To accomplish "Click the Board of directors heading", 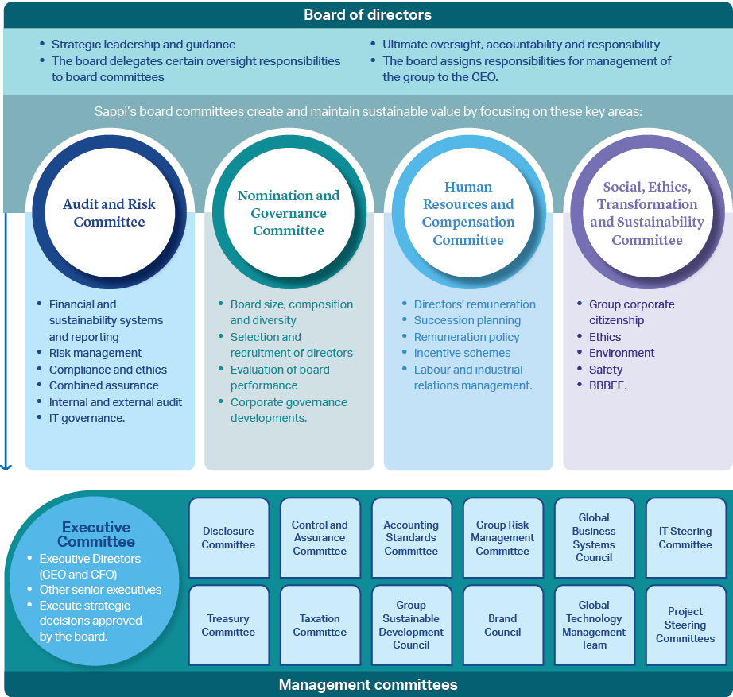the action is [x=367, y=14].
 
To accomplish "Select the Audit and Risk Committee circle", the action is [x=110, y=212].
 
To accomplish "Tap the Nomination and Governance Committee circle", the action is [x=289, y=212].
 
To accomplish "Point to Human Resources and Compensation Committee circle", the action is [x=468, y=212].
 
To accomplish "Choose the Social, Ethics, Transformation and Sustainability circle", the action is [x=647, y=212].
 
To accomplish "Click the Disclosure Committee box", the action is [x=229, y=537].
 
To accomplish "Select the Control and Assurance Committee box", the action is [x=320, y=537].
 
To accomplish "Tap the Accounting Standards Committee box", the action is [x=411, y=537].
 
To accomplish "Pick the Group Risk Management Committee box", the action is [x=503, y=537].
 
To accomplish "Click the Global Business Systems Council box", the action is [x=594, y=537].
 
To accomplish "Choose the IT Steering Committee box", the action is [x=686, y=537].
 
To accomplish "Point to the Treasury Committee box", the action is [x=229, y=625].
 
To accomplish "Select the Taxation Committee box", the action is [x=320, y=625].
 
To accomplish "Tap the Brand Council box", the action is [x=503, y=625].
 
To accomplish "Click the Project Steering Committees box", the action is [x=686, y=625].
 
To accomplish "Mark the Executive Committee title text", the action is [x=96, y=534].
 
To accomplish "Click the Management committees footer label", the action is [x=368, y=684].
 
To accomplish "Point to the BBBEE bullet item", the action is [x=607, y=385].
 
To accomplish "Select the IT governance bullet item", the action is [x=87, y=418].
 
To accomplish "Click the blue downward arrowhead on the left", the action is [x=6, y=467].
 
